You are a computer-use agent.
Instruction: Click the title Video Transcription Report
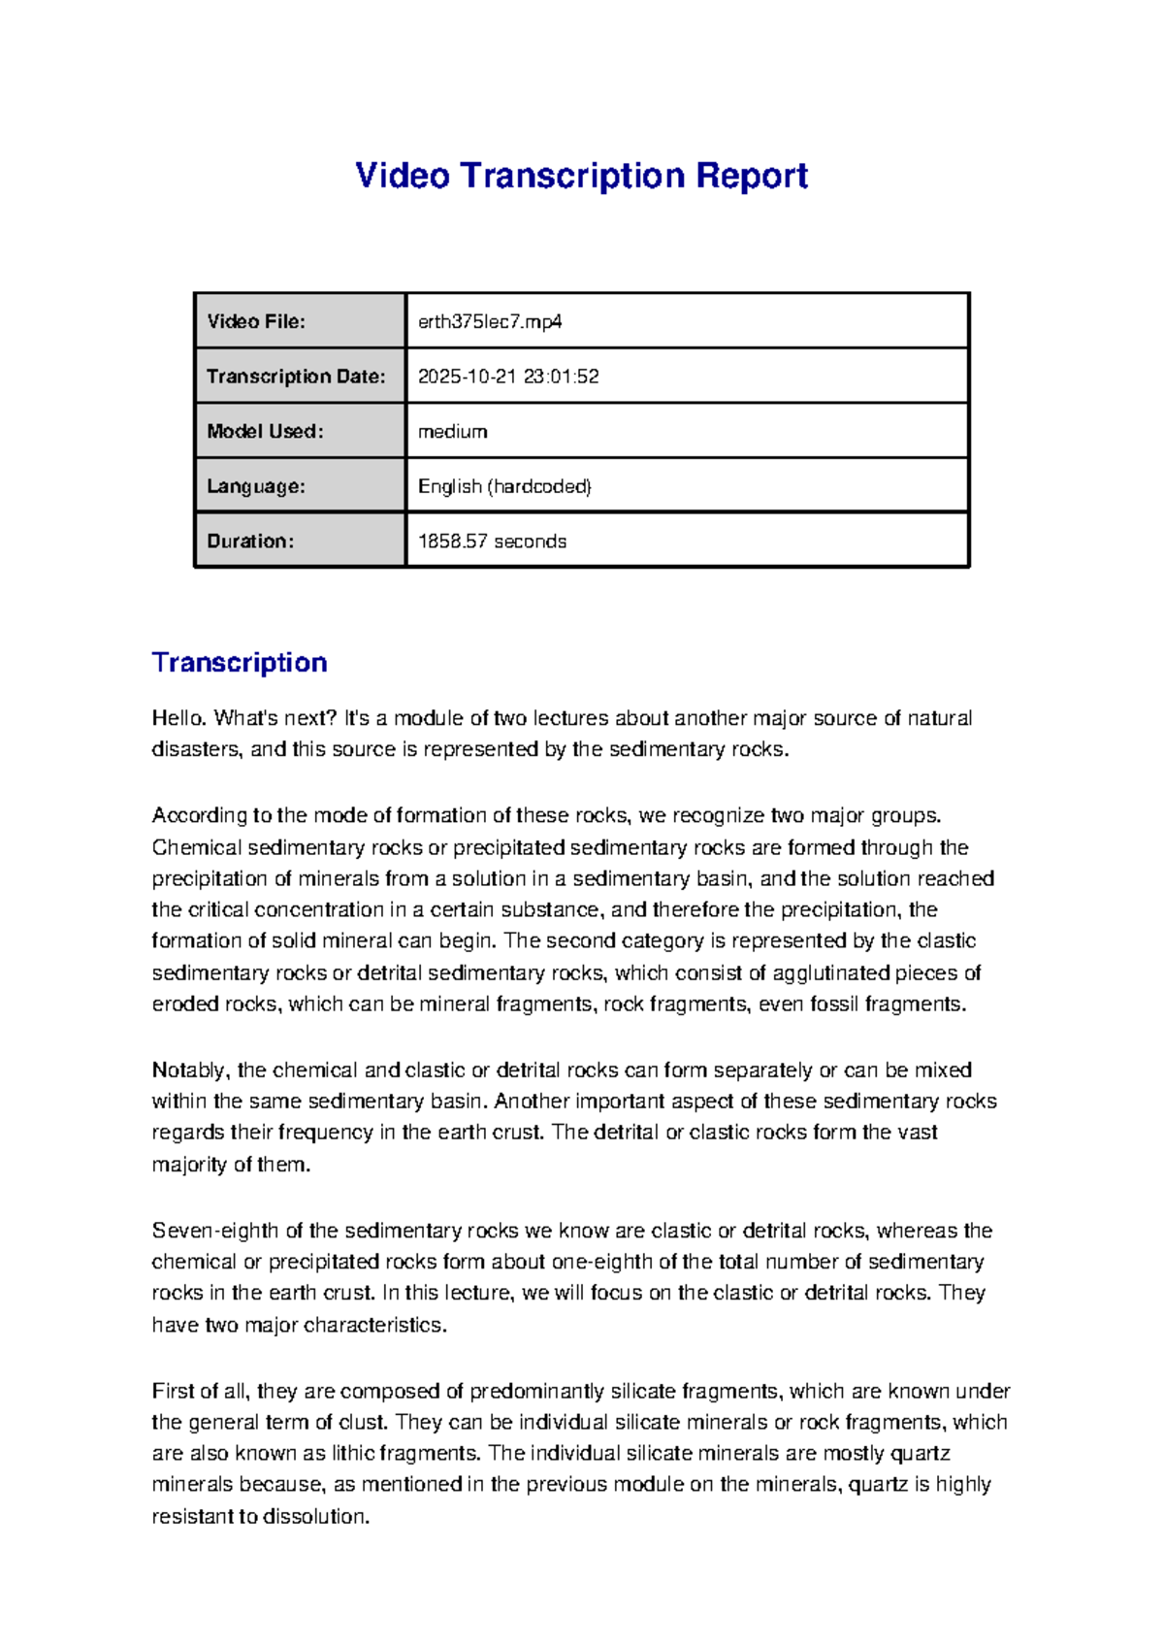pos(581,176)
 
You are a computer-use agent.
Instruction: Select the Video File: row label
pos(256,321)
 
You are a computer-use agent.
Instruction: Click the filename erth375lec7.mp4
pos(490,321)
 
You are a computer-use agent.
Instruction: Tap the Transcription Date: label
pos(296,377)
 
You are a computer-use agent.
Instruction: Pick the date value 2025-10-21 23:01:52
pos(508,377)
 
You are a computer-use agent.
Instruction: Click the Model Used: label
pos(265,431)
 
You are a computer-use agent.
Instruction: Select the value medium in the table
pos(452,431)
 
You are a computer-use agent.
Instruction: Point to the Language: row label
pos(256,486)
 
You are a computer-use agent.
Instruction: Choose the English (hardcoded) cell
pos(504,486)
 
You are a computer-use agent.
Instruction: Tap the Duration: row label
pos(250,542)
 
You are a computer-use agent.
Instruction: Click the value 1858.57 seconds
pos(492,542)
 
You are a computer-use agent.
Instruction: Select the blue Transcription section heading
pos(240,663)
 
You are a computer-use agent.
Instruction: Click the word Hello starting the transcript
pos(178,718)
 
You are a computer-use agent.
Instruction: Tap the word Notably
pos(190,1070)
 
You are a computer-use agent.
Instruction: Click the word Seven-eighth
pos(215,1231)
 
